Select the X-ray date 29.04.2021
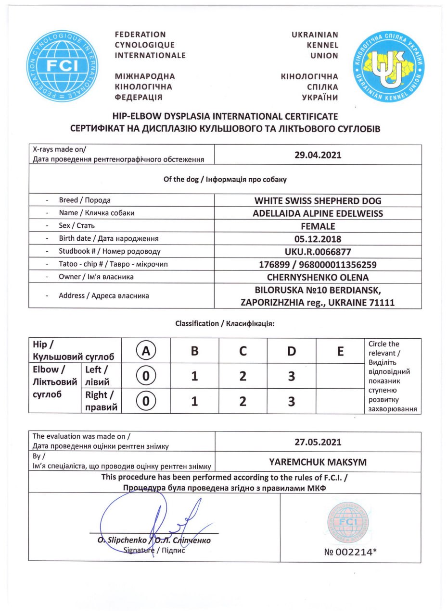pos(318,155)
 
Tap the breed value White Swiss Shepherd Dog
pos(318,200)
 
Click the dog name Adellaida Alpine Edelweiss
pos(318,213)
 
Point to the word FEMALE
pos(318,226)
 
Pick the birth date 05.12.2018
pos(318,238)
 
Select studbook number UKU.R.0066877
pos(318,251)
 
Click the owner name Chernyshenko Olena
pos(318,277)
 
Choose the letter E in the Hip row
pos(340,351)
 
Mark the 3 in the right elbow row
pos(291,401)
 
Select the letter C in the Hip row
pos(243,351)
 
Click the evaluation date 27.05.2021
pos(318,442)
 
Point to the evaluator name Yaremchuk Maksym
pos(318,462)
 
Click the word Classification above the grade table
pos(197,323)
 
